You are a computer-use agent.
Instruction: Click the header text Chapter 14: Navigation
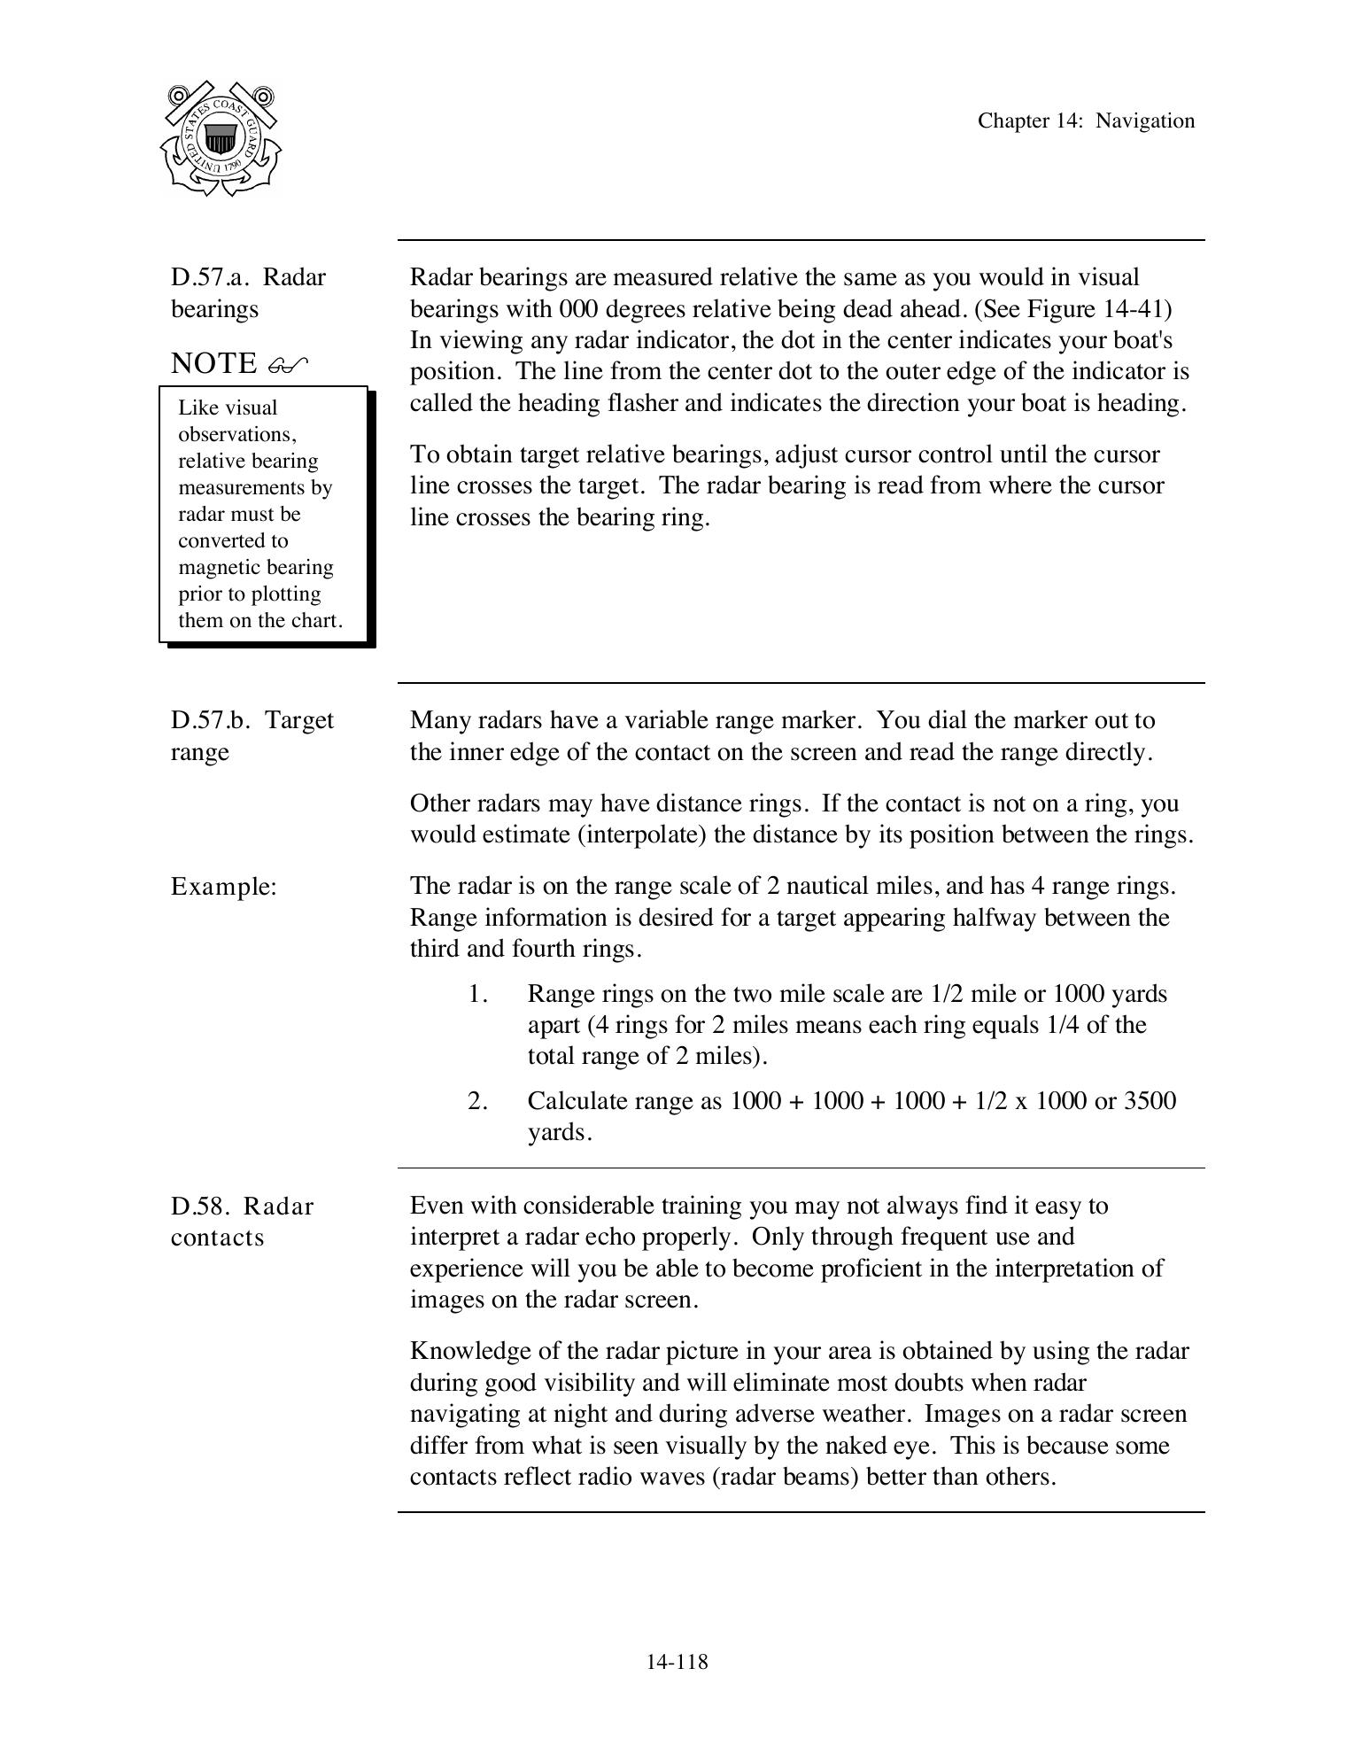(1085, 121)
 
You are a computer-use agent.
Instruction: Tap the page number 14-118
(677, 1662)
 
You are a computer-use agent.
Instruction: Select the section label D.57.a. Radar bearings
(247, 292)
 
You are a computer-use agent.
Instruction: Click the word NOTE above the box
(213, 363)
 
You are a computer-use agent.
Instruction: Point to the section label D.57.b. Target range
(252, 735)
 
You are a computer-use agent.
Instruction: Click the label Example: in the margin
(224, 887)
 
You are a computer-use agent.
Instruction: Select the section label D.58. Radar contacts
(242, 1222)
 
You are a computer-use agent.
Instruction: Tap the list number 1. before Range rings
(478, 994)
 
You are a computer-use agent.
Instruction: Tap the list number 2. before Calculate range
(478, 1101)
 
